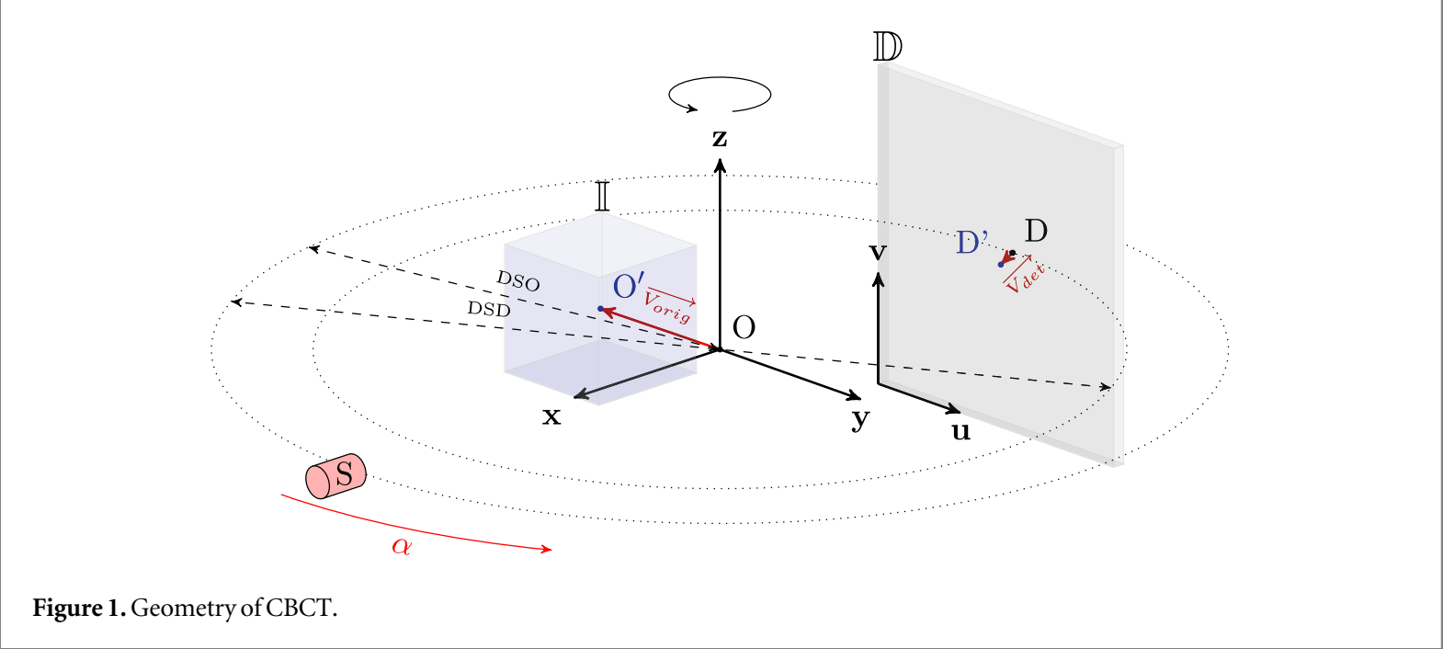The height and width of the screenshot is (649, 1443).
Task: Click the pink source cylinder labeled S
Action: click(x=336, y=475)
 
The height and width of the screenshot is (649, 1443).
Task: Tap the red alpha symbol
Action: click(x=402, y=546)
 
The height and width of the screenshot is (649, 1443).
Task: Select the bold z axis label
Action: click(x=720, y=139)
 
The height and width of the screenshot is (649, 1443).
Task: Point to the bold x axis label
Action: click(x=551, y=417)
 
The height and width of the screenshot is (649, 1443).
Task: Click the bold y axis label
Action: click(x=860, y=419)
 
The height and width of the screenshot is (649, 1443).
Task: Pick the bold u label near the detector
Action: click(x=960, y=431)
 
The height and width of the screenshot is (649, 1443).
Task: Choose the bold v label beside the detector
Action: click(x=878, y=252)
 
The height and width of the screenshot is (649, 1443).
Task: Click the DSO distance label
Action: click(x=518, y=280)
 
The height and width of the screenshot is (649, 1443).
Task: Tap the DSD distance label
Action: click(x=489, y=309)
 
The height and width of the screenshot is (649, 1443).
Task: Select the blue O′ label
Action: click(x=629, y=286)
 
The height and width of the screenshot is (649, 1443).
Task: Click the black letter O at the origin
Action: click(x=744, y=328)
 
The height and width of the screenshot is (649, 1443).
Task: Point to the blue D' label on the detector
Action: click(x=971, y=243)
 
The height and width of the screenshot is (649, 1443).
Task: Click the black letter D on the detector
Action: click(x=1036, y=231)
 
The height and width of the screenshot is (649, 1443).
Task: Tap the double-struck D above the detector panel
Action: click(x=887, y=47)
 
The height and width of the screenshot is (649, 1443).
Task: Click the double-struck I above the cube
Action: click(x=602, y=196)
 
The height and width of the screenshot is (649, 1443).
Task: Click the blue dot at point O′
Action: click(x=600, y=309)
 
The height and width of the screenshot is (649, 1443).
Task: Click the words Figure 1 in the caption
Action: click(x=78, y=609)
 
